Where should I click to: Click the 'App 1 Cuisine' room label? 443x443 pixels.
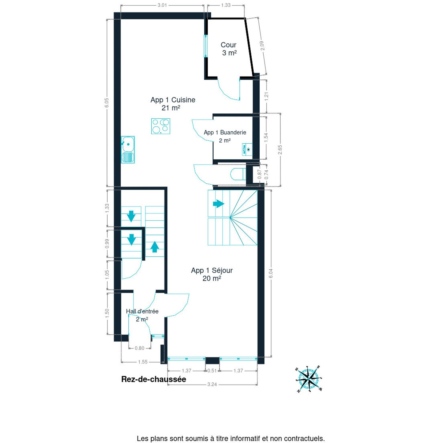[173, 100]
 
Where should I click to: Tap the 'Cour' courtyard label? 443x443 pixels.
[229, 45]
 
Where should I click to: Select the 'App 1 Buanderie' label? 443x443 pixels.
[225, 133]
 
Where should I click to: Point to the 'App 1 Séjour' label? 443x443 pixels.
[212, 270]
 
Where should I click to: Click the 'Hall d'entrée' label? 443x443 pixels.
[142, 311]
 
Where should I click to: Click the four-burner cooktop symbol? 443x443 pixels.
[161, 126]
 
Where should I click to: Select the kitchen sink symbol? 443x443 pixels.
[128, 150]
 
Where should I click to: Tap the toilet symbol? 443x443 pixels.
[238, 174]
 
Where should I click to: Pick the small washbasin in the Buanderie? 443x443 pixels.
[247, 149]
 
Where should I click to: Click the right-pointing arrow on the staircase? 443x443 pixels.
[218, 204]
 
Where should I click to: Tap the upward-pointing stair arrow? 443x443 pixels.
[154, 246]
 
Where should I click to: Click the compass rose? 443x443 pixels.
[309, 379]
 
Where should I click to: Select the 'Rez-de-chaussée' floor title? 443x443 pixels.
[154, 379]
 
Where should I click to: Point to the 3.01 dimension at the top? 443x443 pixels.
[162, 5]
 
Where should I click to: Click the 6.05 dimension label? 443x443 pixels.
[107, 103]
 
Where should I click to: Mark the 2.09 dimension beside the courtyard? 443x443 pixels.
[262, 46]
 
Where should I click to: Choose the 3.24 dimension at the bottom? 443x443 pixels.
[212, 384]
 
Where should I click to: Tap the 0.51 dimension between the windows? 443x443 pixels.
[212, 371]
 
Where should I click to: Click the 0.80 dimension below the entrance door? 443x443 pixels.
[139, 348]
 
